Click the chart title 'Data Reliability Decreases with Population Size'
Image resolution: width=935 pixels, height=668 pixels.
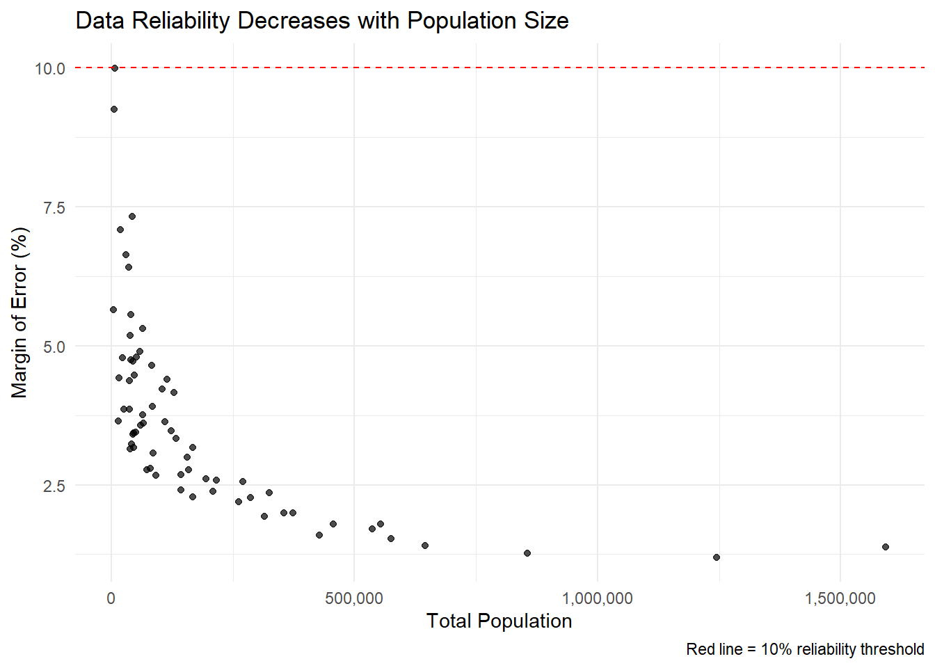pos(321,21)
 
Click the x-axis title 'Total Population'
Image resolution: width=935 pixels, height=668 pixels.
pos(499,621)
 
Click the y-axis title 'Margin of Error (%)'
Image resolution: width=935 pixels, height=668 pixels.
pos(19,312)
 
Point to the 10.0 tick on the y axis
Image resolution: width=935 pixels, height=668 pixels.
pos(50,68)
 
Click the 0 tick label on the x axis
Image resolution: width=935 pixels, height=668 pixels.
pos(111,598)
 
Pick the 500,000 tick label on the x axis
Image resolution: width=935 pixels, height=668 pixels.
pos(354,598)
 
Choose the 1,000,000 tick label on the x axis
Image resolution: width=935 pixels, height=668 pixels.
pos(597,598)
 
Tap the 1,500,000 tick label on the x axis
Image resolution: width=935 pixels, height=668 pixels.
pos(840,598)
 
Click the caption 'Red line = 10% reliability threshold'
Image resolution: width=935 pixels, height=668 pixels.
pos(805,649)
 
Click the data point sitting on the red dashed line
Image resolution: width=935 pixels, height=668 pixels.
pos(115,68)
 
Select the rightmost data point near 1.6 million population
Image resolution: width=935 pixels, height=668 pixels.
pos(885,547)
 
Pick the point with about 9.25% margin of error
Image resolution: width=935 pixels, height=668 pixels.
pos(114,109)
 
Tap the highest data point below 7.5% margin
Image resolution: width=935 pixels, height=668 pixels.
pos(132,216)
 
